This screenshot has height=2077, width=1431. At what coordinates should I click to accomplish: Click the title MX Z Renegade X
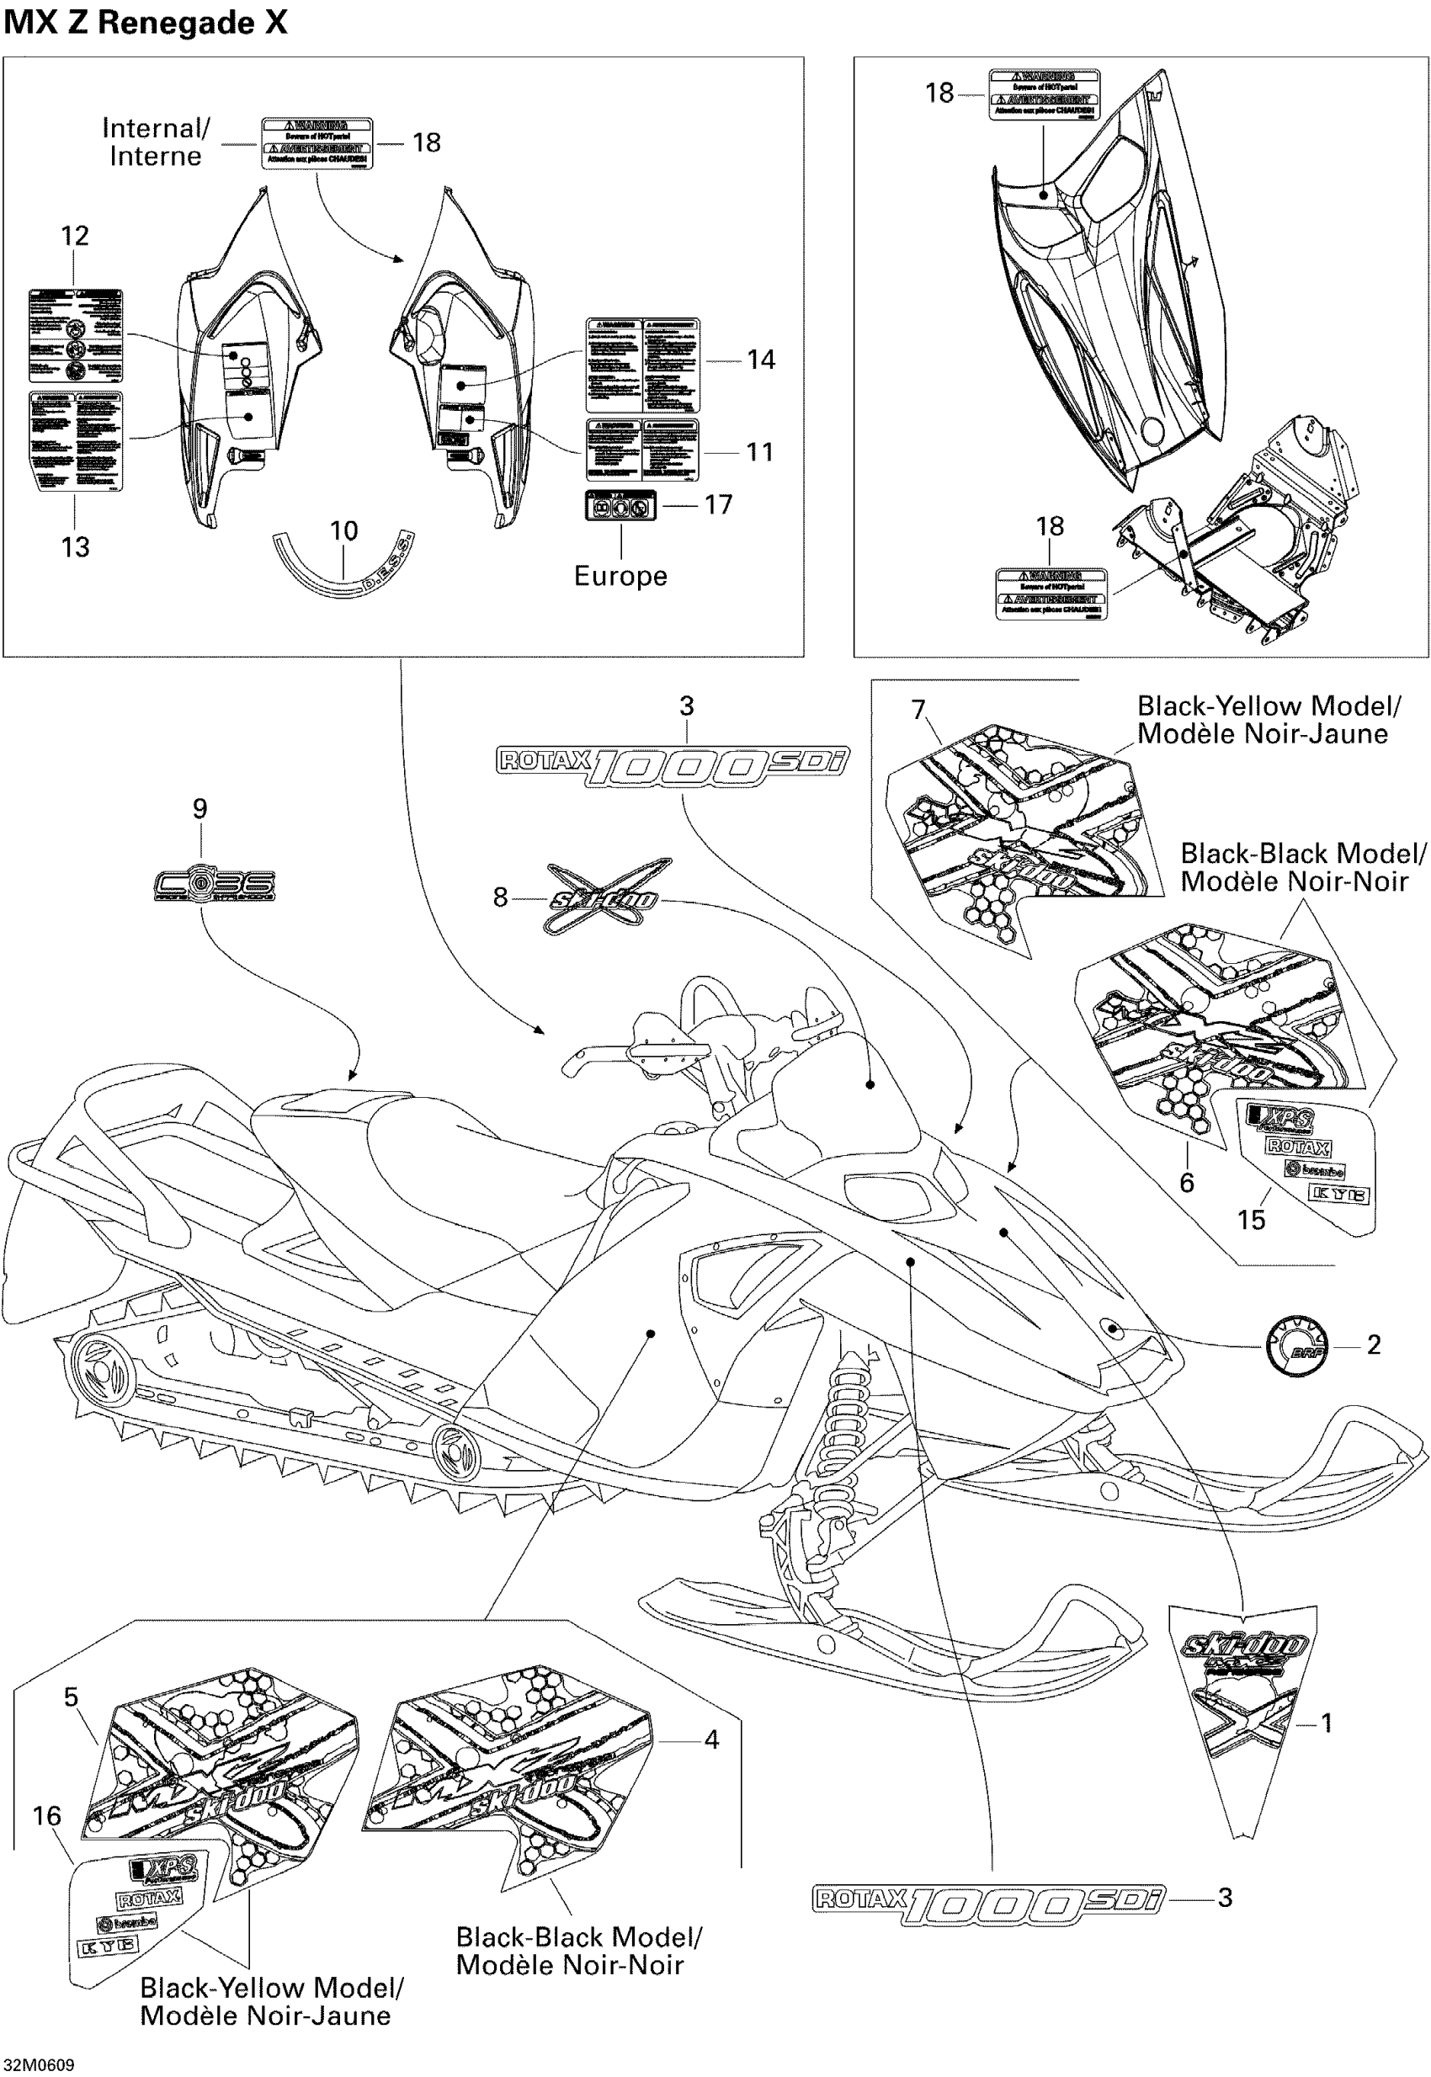coord(146,23)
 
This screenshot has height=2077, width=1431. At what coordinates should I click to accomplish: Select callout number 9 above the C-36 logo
coord(200,809)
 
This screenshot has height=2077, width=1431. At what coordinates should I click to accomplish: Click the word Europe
coord(620,576)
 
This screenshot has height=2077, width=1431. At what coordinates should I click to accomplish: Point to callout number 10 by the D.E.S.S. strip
coord(343,531)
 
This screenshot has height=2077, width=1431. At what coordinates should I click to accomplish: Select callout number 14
coord(760,359)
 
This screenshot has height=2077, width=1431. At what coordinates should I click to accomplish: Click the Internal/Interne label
coord(155,141)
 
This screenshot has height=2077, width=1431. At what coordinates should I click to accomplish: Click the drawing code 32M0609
coord(39,2065)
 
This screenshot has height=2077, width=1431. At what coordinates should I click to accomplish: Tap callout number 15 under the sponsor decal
coord(1251,1220)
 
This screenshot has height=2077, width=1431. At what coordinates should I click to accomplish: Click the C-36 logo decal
coord(215,885)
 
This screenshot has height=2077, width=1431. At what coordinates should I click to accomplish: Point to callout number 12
coord(74,236)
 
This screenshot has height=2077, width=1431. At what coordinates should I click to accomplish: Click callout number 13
coord(74,547)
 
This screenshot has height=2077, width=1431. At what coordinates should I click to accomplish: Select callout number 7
coord(918,710)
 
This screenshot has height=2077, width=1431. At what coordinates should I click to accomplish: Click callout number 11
coord(759,452)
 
